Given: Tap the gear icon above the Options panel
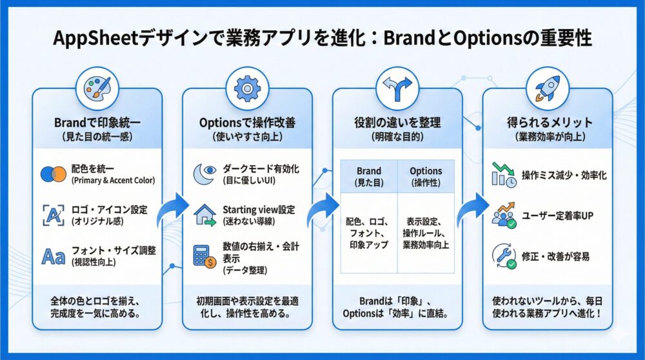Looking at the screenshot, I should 246,88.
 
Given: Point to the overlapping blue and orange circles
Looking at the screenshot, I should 52,174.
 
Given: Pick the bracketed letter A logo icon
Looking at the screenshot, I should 52,214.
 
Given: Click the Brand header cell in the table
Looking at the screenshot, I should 368,176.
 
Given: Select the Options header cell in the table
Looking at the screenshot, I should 426,176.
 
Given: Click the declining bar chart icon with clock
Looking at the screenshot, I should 504,175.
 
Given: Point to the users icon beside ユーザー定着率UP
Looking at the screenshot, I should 503,216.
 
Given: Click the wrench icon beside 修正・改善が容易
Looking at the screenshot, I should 503,256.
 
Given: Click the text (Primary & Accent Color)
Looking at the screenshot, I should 114,180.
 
